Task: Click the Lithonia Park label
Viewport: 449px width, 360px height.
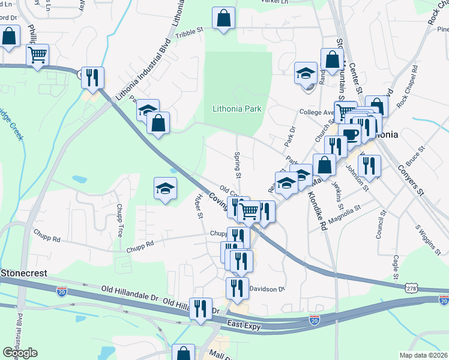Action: tap(237, 109)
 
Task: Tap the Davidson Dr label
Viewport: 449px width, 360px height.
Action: tap(267, 289)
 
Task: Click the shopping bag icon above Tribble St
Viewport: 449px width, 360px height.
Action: tap(224, 18)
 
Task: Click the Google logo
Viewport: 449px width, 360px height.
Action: tap(20, 353)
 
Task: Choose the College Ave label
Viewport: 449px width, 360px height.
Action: tap(316, 112)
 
